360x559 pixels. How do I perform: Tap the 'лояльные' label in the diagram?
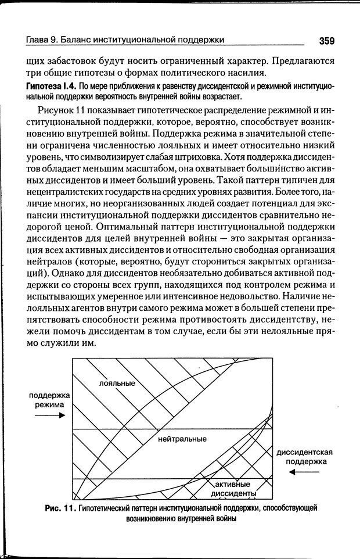[117, 384]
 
